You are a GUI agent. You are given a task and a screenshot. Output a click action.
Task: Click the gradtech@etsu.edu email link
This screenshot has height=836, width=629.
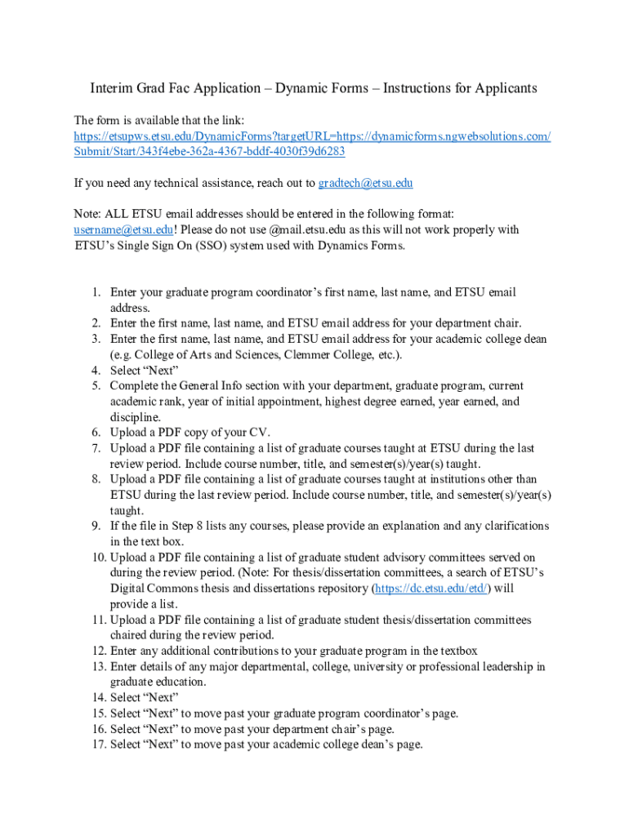(365, 183)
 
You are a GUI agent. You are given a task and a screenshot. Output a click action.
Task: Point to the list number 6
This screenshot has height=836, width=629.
(95, 432)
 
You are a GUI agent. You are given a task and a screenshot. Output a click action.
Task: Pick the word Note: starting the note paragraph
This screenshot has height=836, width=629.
(87, 214)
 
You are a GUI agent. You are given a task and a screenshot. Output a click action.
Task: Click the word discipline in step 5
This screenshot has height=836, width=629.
(135, 416)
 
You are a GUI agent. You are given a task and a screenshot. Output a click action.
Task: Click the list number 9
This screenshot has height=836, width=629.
(95, 526)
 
